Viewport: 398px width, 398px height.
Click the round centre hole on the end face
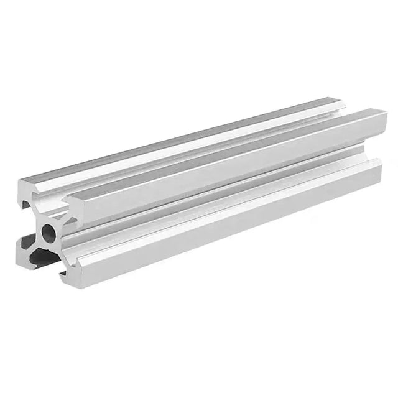pyautogui.click(x=48, y=233)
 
